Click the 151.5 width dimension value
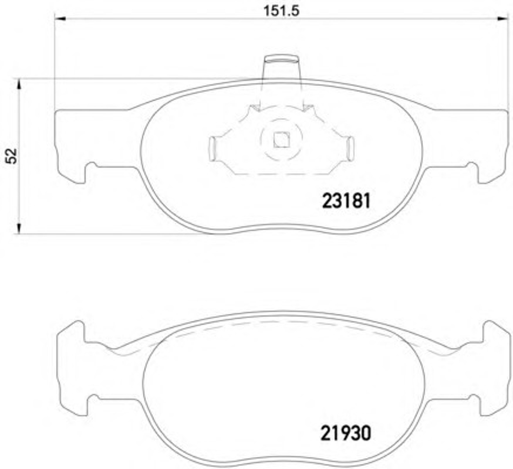(281, 11)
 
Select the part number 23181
(346, 201)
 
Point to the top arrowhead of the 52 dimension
(19, 84)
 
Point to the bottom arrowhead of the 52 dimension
(19, 228)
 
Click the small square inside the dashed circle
(281, 140)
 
